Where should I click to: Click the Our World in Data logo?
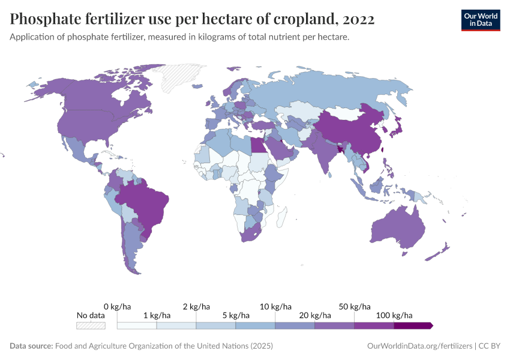coord(480,20)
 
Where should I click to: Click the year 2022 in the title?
coord(356,19)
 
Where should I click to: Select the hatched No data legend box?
coord(91,325)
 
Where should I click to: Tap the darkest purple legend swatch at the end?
coord(413,325)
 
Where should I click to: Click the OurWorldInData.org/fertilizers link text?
coord(419,346)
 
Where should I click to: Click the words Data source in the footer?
coord(31,346)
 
